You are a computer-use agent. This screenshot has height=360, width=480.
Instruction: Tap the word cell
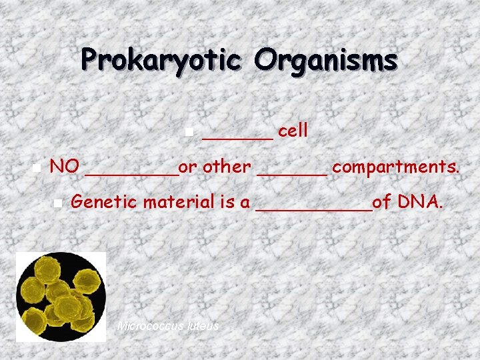293,131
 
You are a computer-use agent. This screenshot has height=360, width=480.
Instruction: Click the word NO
65,166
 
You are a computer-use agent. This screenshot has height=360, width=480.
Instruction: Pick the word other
227,166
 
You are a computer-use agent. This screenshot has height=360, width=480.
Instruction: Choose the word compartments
396,167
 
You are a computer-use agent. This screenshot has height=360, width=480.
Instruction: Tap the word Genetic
101,201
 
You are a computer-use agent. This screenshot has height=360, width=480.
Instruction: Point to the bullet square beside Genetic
58,202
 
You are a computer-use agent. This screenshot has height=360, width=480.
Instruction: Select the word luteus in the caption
203,326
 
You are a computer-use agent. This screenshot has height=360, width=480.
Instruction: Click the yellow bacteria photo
61,297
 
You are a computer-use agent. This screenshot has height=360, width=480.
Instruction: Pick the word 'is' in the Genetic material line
227,201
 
